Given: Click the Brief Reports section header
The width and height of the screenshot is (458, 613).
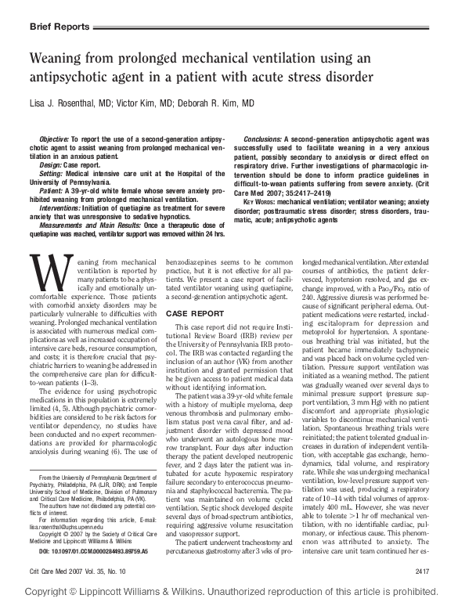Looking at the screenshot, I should coord(59,26).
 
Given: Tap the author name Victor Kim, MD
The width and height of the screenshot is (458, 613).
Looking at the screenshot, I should coord(152,103).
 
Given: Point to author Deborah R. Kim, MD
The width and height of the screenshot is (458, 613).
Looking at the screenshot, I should coord(221,103).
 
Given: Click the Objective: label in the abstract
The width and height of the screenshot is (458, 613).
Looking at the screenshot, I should coord(55,137).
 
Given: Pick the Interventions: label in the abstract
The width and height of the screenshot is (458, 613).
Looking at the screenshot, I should coord(62,204).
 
